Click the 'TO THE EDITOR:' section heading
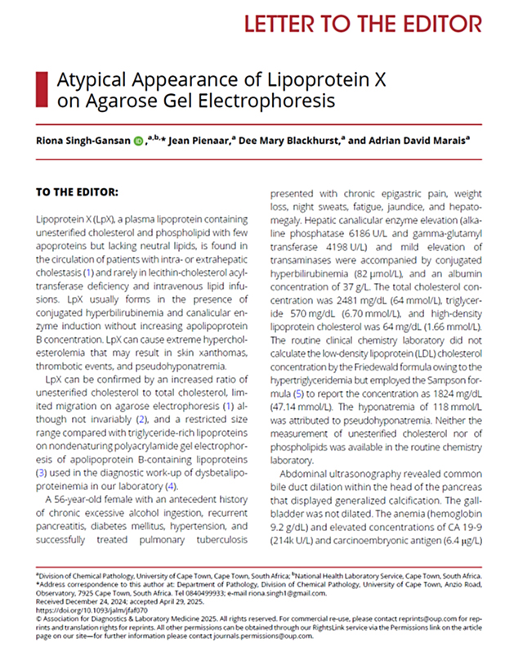pos(77,192)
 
